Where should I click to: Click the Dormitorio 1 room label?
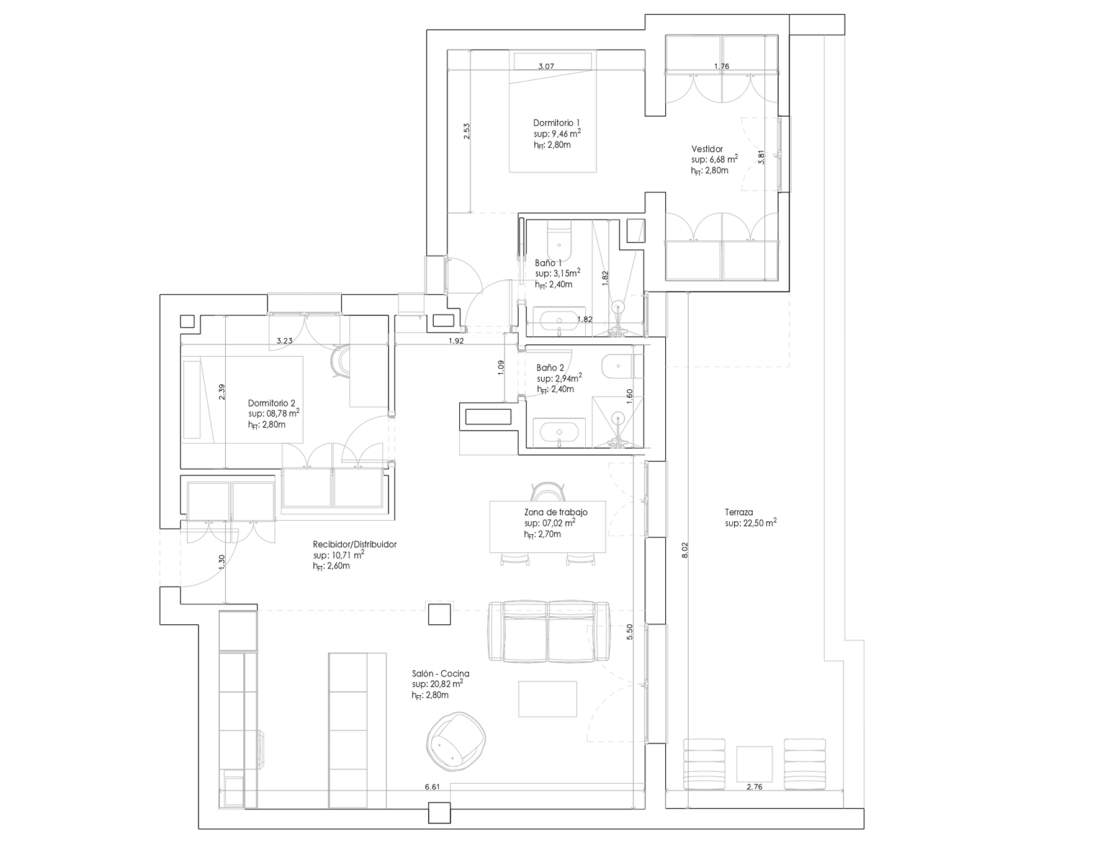pyautogui.click(x=557, y=123)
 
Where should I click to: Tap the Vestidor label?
pyautogui.click(x=707, y=149)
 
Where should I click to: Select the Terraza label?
pyautogui.click(x=738, y=513)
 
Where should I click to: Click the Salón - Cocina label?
pyautogui.click(x=440, y=673)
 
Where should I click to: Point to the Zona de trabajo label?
pyautogui.click(x=555, y=513)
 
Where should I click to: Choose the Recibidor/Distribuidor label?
pyautogui.click(x=354, y=544)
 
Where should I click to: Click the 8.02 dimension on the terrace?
pyautogui.click(x=684, y=551)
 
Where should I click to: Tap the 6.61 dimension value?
pyautogui.click(x=432, y=787)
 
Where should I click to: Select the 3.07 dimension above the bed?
pyautogui.click(x=546, y=66)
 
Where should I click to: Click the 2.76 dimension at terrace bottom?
pyautogui.click(x=754, y=787)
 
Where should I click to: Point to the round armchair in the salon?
pyautogui.click(x=456, y=738)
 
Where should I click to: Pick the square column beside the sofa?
pyautogui.click(x=440, y=614)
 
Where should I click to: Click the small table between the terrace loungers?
pyautogui.click(x=754, y=764)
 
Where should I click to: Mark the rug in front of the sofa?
pyautogui.click(x=547, y=699)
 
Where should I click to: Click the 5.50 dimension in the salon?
pyautogui.click(x=630, y=631)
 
